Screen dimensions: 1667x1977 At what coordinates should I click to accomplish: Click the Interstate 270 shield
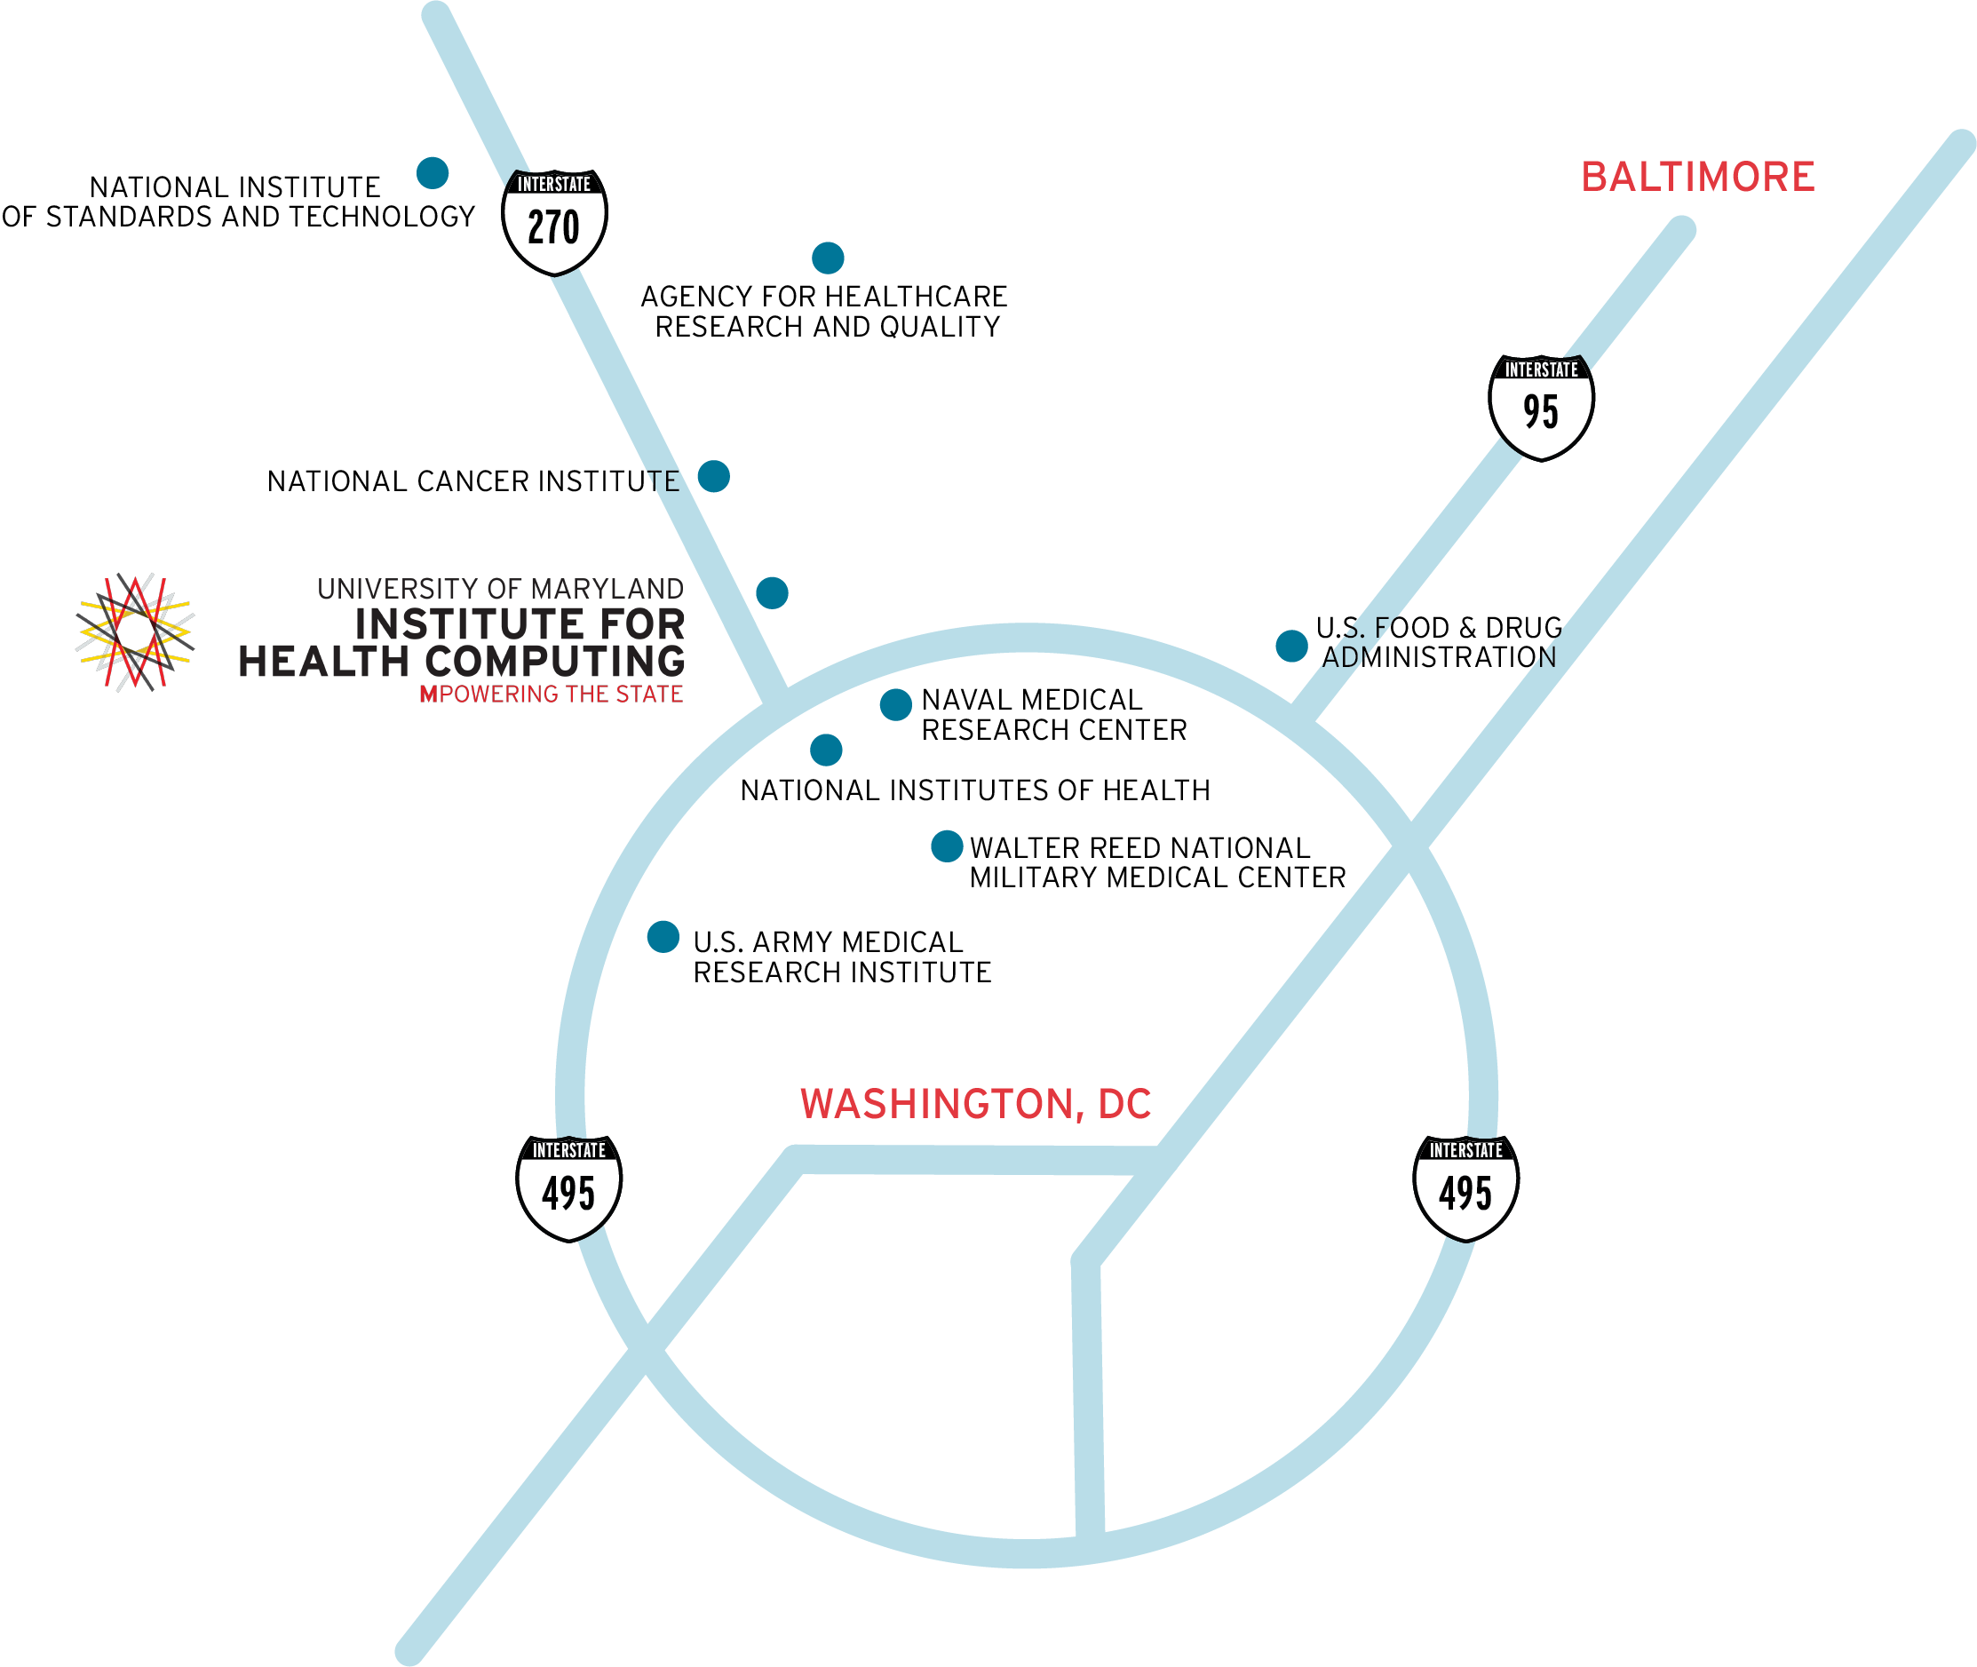554,222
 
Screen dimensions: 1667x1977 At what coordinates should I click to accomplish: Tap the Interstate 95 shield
1541,408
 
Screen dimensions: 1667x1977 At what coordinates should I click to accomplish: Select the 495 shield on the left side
569,1188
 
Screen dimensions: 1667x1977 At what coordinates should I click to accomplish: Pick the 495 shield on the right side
1465,1188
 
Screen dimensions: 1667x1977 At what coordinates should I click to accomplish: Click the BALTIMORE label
1697,178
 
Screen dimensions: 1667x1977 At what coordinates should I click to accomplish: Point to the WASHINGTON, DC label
975,1104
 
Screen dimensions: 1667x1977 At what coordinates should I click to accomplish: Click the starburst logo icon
135,631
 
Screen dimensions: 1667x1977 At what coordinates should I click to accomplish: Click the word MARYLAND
607,590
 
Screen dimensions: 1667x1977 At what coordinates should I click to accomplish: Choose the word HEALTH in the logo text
323,662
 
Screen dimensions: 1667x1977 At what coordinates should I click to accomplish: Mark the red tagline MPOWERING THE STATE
551,695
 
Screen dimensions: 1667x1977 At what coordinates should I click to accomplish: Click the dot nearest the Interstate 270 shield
433,173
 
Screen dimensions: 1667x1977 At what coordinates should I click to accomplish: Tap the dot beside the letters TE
713,476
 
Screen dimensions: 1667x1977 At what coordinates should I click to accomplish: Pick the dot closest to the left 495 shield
663,936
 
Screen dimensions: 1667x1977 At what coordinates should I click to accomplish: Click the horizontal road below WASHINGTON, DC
973,1161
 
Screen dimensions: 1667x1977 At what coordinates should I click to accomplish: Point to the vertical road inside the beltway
1088,1399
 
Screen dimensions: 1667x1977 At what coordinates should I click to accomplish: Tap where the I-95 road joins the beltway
1305,714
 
